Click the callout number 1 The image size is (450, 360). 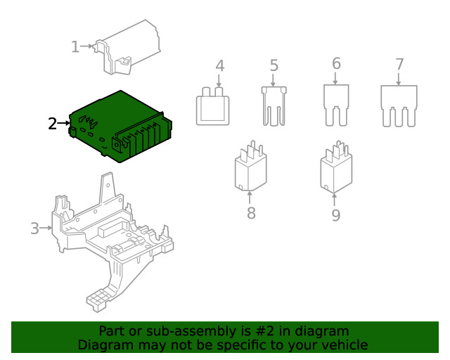tap(75, 47)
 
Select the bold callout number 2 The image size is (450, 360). tap(53, 124)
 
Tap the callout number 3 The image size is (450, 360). tap(34, 229)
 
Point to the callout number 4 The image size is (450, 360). tap(220, 66)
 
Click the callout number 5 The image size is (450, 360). tap(274, 65)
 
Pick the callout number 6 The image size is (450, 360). tap(336, 63)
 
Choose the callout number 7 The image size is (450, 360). tap(399, 64)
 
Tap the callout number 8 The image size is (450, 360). tap(251, 213)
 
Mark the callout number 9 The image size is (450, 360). tap(336, 215)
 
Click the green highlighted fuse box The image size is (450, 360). tap(120, 127)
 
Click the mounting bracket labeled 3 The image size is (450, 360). tap(112, 241)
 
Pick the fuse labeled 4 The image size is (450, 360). tap(212, 106)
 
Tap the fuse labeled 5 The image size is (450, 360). tap(274, 106)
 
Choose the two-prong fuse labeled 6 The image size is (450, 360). tap(336, 105)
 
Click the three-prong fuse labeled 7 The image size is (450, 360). tap(399, 106)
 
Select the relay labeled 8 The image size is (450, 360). tap(251, 166)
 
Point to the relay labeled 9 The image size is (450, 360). tap(336, 167)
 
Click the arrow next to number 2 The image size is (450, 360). tap(63, 123)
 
